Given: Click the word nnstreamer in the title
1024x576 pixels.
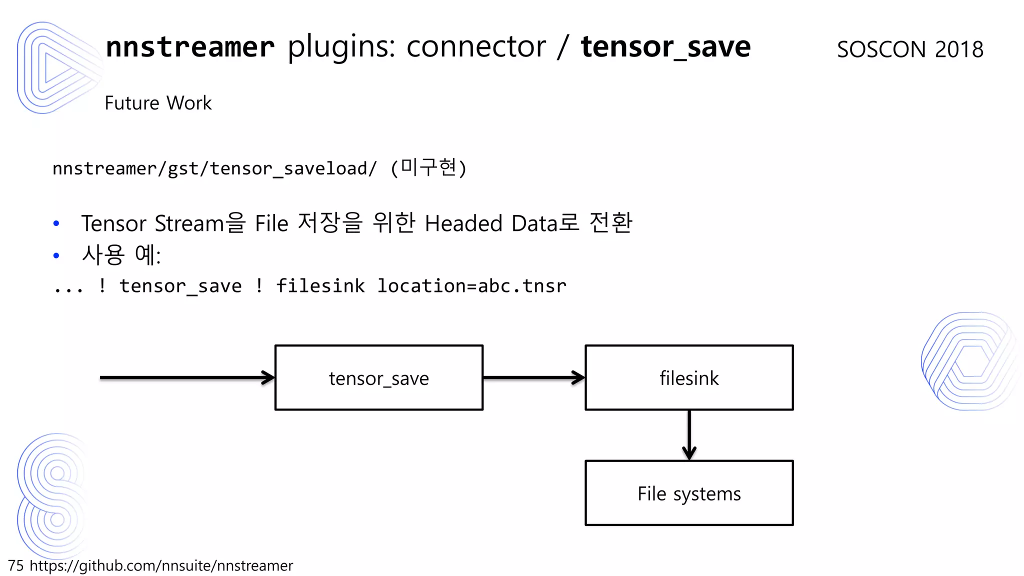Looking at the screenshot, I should point(190,47).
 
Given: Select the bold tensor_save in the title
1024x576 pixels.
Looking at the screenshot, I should point(665,47).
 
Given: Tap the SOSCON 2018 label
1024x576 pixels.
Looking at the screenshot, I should point(910,49).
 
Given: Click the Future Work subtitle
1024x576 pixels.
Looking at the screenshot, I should point(158,103).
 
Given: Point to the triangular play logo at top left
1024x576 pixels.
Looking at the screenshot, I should point(55,67).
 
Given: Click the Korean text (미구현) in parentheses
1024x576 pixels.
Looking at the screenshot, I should point(428,168).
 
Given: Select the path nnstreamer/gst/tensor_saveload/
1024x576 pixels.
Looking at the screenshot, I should point(215,169).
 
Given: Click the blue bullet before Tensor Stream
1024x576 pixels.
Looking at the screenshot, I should point(56,223).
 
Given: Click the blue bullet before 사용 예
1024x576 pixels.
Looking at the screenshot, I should point(56,255).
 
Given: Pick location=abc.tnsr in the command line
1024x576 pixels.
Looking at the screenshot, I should point(471,286).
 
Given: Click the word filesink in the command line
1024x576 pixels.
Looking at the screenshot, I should point(320,286).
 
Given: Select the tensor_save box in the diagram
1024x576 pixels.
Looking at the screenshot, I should point(379,378).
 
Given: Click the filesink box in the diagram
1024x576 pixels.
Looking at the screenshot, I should point(689,378).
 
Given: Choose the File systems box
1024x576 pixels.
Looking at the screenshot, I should point(689,493).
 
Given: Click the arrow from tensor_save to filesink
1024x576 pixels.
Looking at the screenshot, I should point(533,378).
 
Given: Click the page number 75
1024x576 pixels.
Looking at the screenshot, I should point(16,565).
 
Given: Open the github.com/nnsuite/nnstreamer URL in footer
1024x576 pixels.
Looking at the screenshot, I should point(161,565).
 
